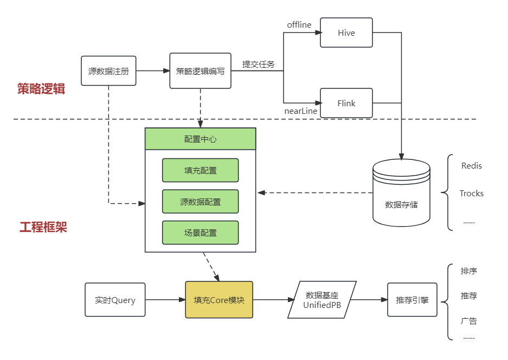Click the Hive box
tap(346, 33)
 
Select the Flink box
tap(346, 103)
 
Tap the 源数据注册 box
tap(108, 71)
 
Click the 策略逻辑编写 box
tap(200, 71)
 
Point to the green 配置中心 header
tap(200, 139)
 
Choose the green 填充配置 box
tap(200, 170)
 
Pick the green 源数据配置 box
tap(200, 202)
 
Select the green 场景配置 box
tap(200, 233)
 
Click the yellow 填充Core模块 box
tap(219, 300)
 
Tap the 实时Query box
tap(115, 300)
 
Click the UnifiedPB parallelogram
tap(322, 300)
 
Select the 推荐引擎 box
tap(412, 300)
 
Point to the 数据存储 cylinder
tap(401, 192)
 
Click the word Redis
tap(471, 166)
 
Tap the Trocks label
tap(471, 194)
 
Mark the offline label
tap(299, 25)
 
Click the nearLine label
tap(301, 111)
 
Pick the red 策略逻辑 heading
tap(41, 89)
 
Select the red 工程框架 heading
tap(43, 227)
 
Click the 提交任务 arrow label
tap(258, 65)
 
